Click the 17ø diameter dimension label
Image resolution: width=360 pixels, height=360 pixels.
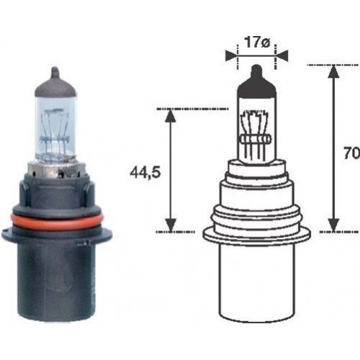tap(256, 42)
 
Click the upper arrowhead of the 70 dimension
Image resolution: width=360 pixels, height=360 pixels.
tap(333, 71)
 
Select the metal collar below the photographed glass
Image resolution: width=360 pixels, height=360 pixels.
tap(55, 173)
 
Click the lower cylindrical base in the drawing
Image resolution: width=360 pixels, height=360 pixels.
tap(256, 281)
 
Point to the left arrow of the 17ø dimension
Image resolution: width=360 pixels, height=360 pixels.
tap(232, 54)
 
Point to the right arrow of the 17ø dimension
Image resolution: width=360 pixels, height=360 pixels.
tap(281, 54)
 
